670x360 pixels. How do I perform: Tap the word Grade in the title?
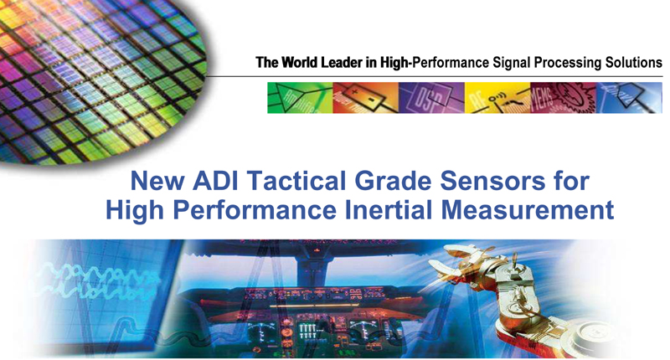(x=393, y=181)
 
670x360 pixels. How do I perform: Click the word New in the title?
(x=157, y=181)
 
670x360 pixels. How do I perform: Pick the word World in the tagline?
(x=300, y=63)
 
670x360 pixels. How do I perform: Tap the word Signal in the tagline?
(x=512, y=63)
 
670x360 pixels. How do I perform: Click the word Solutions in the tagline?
(x=634, y=63)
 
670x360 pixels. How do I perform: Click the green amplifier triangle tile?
(x=300, y=98)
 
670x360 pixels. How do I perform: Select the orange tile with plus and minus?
(x=366, y=98)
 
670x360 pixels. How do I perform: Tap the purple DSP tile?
(x=431, y=98)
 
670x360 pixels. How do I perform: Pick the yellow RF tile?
(x=497, y=98)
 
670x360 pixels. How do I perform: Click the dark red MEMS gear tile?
(x=563, y=98)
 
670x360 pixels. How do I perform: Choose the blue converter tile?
(x=629, y=98)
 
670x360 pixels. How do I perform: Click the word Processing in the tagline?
(x=568, y=63)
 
